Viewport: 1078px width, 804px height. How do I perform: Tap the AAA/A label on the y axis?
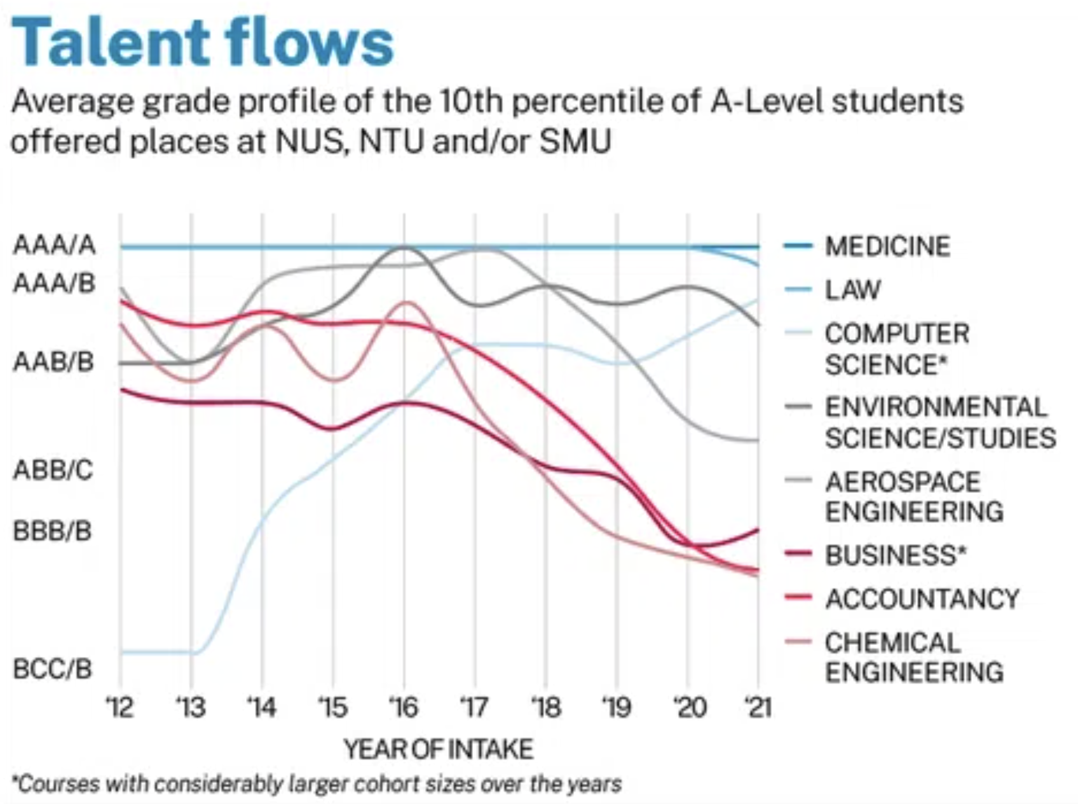(x=54, y=245)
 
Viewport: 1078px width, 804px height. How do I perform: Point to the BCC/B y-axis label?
(x=53, y=669)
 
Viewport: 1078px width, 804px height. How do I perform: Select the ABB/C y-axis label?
(x=53, y=470)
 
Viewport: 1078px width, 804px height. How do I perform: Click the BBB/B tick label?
(x=53, y=530)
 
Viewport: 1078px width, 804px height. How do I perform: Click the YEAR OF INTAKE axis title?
(x=439, y=749)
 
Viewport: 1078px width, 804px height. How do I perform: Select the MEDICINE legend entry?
(x=887, y=246)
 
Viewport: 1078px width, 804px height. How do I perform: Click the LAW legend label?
(x=853, y=290)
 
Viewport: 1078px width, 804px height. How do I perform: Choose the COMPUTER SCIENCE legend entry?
(x=896, y=349)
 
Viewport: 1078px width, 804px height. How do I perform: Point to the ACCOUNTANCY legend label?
(x=922, y=599)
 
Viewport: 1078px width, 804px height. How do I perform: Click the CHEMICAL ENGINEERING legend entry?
(x=913, y=657)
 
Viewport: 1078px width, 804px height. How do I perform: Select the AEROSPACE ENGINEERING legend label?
(x=913, y=496)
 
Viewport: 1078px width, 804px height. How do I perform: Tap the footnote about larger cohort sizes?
(x=317, y=784)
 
